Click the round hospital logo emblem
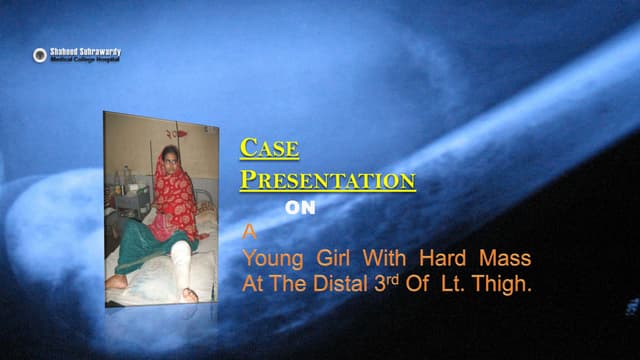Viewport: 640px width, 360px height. [x=39, y=55]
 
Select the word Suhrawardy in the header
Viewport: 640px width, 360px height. [x=101, y=51]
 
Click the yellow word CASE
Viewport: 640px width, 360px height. [x=269, y=149]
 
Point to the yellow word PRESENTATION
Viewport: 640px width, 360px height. [x=327, y=181]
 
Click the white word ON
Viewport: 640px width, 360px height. [x=300, y=210]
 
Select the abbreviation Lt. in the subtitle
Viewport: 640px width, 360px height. [x=460, y=283]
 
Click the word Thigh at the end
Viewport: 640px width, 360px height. [x=507, y=283]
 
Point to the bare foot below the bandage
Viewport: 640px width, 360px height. [x=188, y=293]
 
